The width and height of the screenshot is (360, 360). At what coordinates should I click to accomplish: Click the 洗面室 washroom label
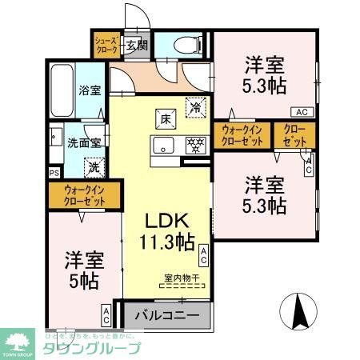click(84, 144)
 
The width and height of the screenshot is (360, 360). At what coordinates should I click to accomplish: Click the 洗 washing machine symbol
click(94, 167)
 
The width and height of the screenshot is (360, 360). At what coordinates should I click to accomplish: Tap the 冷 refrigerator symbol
click(194, 104)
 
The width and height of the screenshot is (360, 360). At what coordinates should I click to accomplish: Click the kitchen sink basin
click(164, 146)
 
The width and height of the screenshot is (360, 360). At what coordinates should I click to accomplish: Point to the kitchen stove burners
click(192, 146)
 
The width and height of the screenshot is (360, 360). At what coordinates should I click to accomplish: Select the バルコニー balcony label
click(166, 316)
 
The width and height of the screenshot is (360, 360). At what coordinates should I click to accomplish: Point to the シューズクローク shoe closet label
click(106, 45)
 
